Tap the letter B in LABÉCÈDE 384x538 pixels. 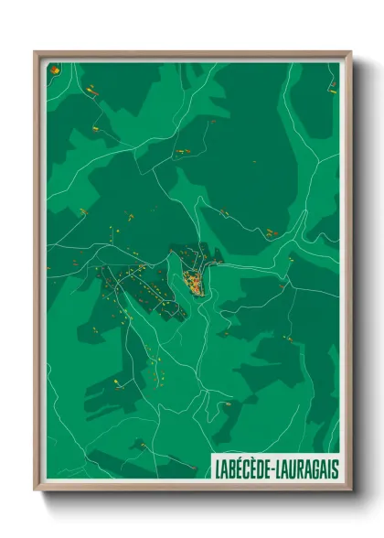[233, 468]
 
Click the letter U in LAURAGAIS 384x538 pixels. [293, 468]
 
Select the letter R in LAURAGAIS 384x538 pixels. [301, 468]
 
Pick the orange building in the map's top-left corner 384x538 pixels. [54, 70]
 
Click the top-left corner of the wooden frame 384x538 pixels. [35, 51]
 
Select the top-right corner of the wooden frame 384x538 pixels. [351, 51]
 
